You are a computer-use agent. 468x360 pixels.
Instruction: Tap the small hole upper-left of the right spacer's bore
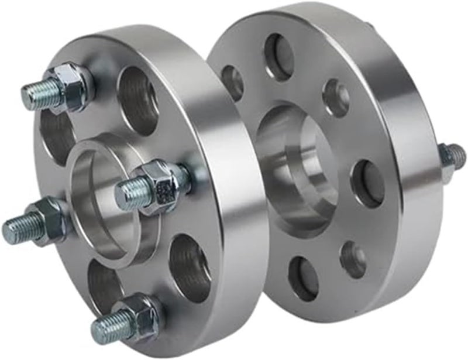233,82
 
